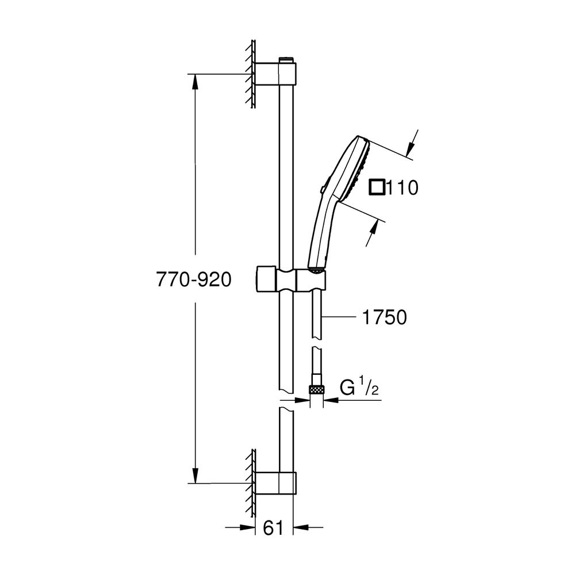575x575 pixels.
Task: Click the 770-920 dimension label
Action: tap(194, 279)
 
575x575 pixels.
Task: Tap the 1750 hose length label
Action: tap(384, 317)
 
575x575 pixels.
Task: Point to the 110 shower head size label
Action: tap(402, 188)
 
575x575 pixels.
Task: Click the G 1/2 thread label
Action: tap(359, 388)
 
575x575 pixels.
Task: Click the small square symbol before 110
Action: tap(377, 187)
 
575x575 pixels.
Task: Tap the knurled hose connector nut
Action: tap(316, 389)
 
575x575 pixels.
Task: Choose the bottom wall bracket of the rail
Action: tap(275, 484)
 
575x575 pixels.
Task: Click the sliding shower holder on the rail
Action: tap(290, 281)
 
